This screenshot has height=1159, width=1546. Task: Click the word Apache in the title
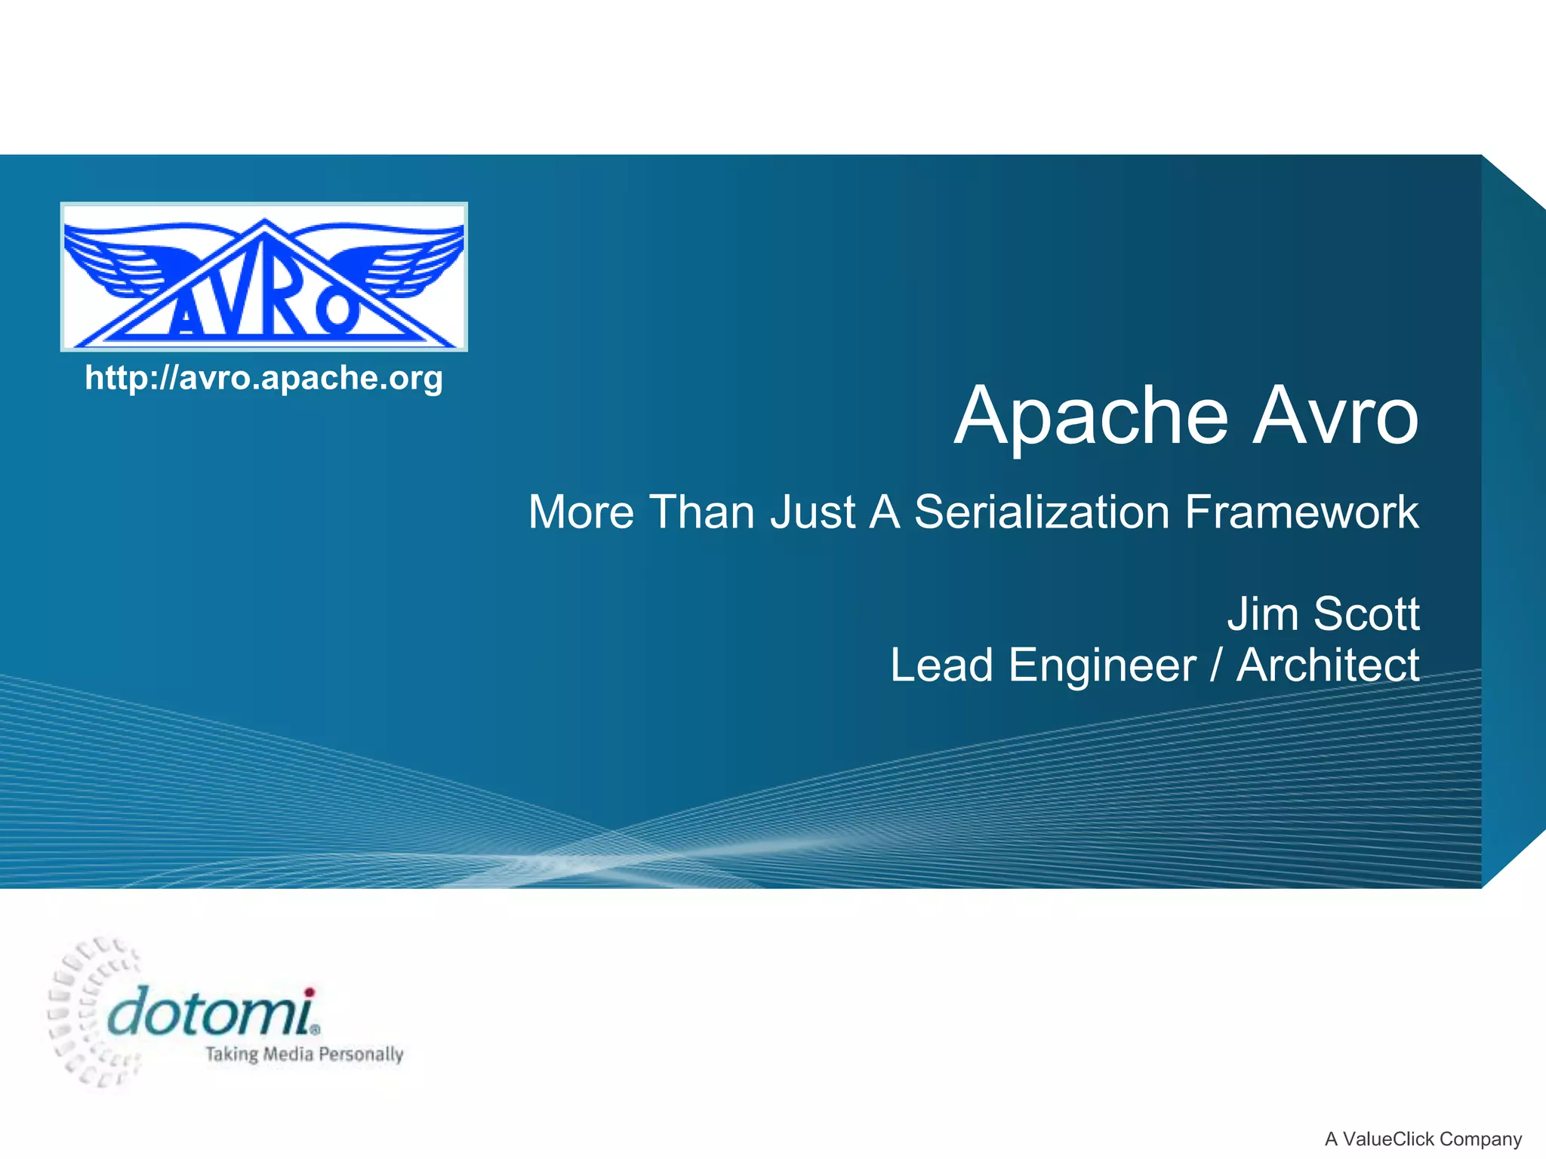tap(1092, 417)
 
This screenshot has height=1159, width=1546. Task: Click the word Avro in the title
tap(1337, 416)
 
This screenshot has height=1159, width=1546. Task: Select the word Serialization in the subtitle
tap(1042, 512)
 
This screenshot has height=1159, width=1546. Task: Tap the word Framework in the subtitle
tap(1302, 512)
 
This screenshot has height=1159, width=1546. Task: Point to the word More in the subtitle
tap(581, 512)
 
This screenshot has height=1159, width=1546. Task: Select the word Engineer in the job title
tap(1103, 666)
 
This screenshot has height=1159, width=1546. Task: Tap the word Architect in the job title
tap(1328, 666)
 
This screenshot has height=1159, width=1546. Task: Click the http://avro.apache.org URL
tap(263, 378)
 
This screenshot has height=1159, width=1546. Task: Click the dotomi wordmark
tap(215, 1013)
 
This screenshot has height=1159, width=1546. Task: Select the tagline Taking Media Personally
tap(305, 1054)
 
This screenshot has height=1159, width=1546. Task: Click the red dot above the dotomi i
tap(309, 992)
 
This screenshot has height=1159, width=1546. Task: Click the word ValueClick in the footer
tap(1388, 1139)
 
